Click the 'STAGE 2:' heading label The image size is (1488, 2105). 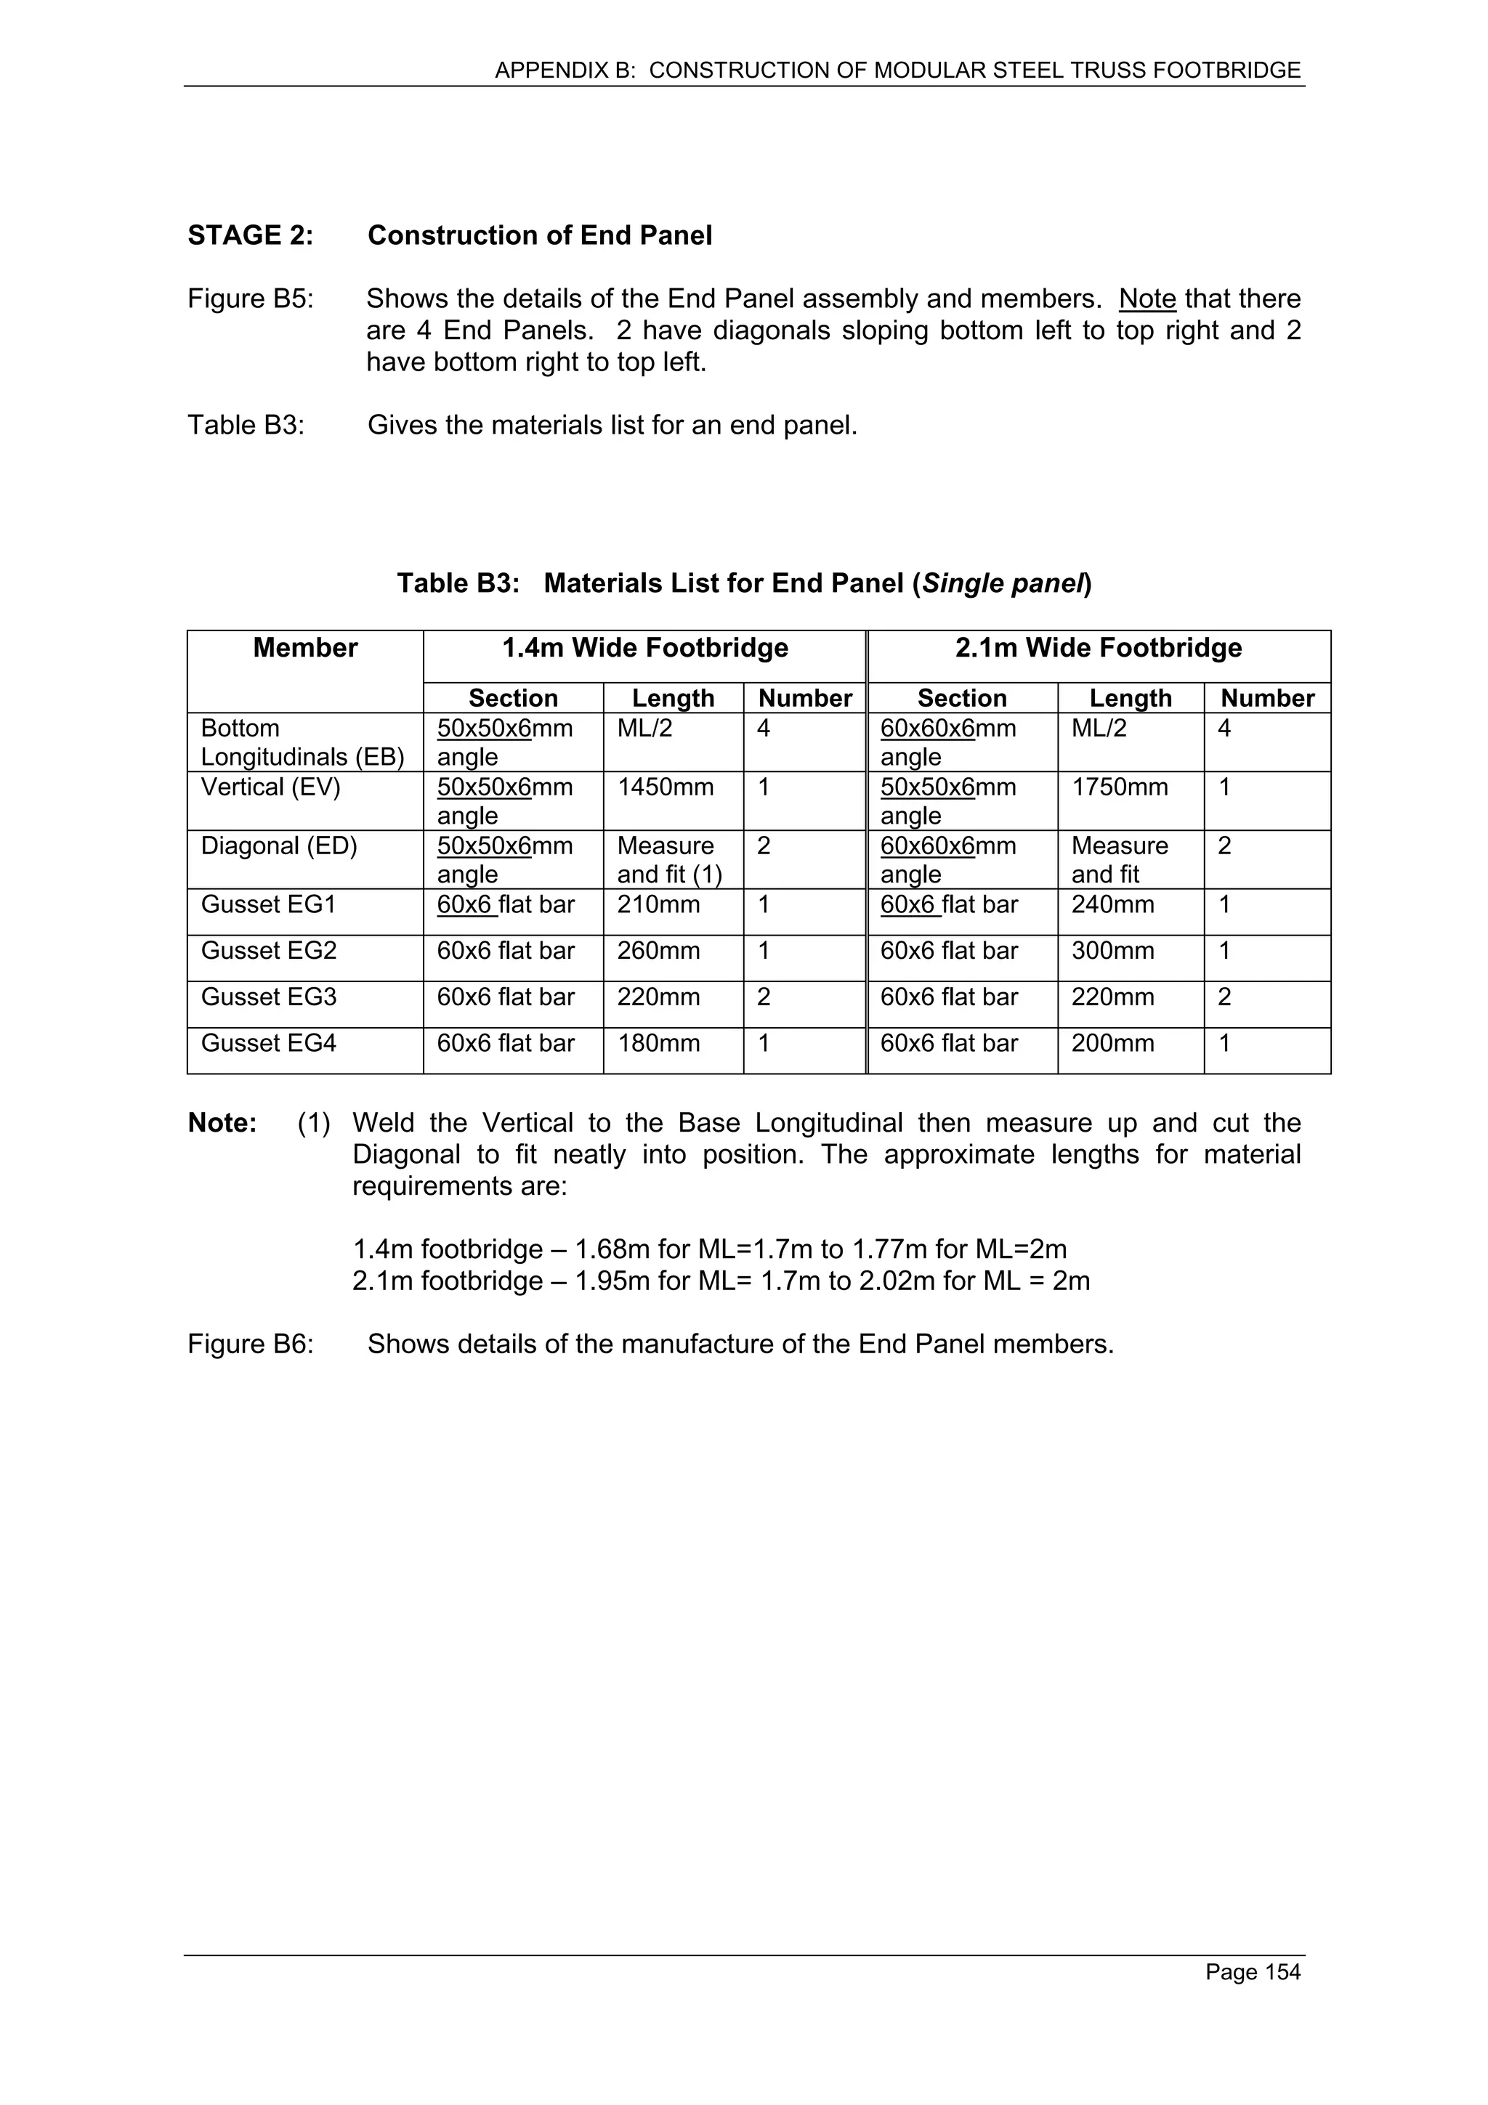pos(250,235)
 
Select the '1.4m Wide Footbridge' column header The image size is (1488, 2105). pos(644,648)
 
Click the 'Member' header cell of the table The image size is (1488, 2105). pos(305,648)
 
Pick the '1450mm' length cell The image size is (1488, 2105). pos(665,787)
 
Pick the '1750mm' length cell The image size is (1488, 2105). pos(1120,787)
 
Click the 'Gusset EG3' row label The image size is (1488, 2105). pos(269,997)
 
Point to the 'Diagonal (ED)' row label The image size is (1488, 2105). pos(279,846)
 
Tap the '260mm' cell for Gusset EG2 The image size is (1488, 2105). pos(658,951)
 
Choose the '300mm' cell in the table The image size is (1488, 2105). pos(1112,951)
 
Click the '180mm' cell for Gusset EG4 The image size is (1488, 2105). pos(658,1043)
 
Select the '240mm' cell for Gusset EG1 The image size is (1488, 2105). pos(1112,905)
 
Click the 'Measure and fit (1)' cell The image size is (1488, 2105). pos(668,860)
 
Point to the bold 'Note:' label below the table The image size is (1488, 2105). pos(222,1123)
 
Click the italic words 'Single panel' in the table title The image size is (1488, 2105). pos(1003,583)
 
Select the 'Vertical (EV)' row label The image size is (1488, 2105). pos(270,787)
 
